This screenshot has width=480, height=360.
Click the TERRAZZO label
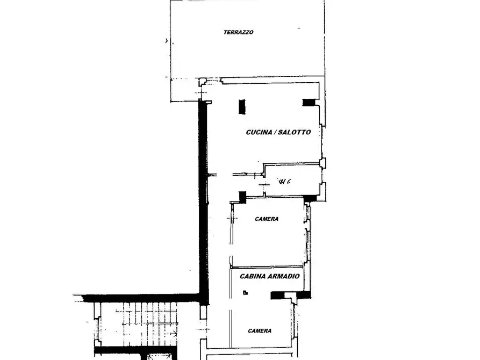coord(239,32)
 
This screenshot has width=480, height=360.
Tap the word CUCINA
coord(259,132)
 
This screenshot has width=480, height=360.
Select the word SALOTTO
coord(295,132)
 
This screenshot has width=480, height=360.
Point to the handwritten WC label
coord(284,182)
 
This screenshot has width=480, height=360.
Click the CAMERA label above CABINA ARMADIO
coord(267,219)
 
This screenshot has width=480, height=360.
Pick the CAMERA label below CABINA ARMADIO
coord(260,330)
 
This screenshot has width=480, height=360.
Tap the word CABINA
coord(253,276)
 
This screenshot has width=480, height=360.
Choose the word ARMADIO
coord(284,276)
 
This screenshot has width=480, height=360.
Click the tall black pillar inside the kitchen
coord(242,106)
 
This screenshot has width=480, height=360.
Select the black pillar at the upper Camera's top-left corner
coord(242,197)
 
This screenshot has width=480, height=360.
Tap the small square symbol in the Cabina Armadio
coord(245,293)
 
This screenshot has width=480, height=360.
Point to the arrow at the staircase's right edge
coord(174,333)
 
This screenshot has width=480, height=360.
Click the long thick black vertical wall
coord(204,202)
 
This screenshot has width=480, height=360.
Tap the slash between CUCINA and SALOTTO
coord(275,132)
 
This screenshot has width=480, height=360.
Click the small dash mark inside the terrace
coord(299,28)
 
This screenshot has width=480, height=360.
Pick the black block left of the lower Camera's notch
coord(278,295)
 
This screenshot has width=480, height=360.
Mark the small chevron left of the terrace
coord(167,40)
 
